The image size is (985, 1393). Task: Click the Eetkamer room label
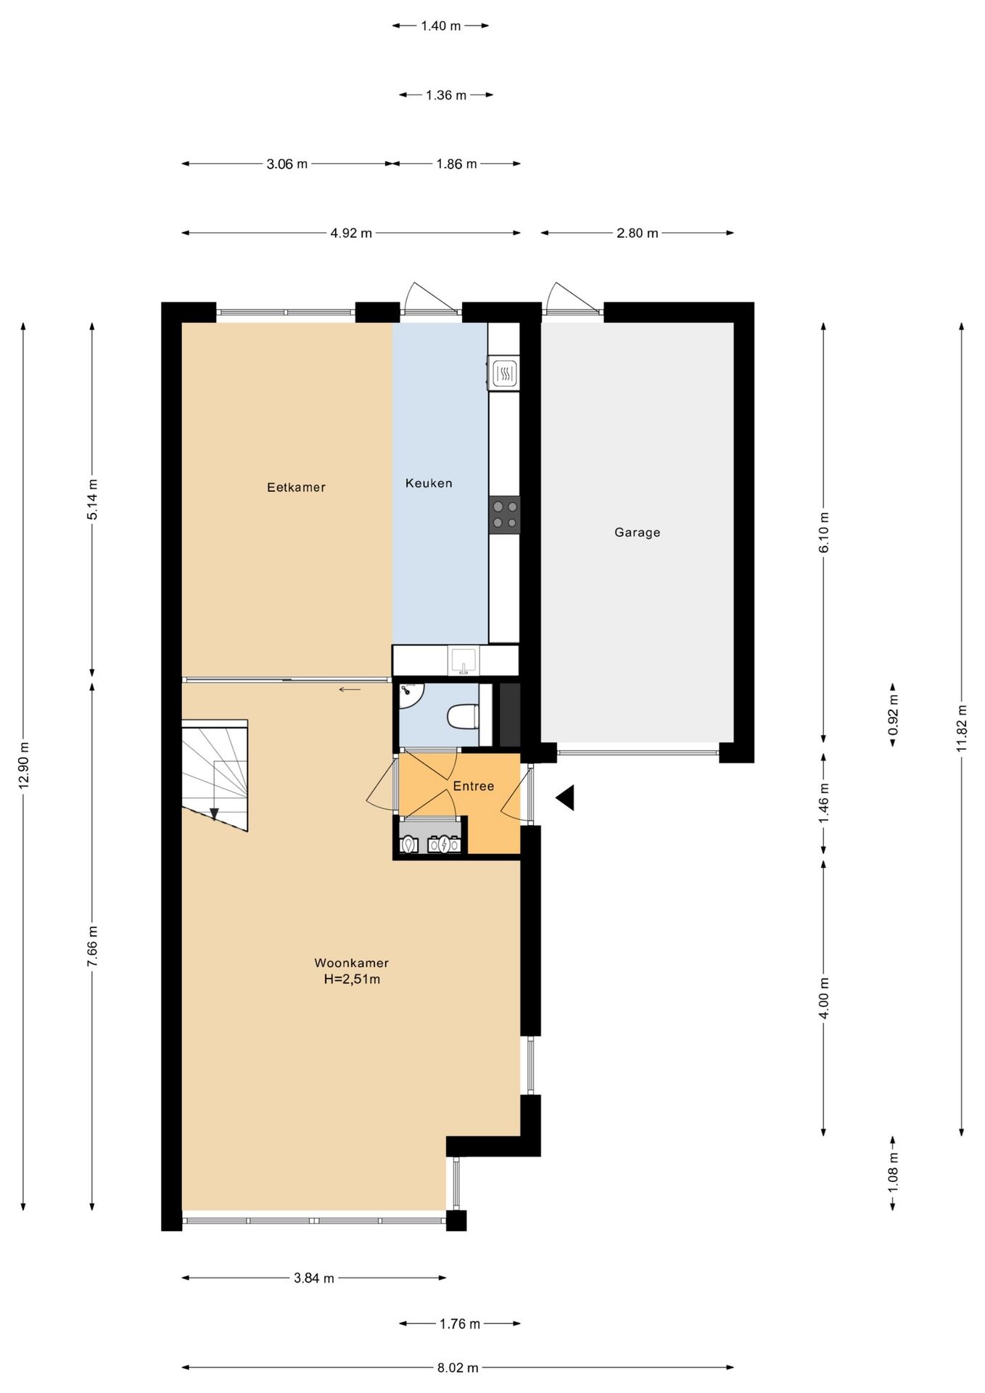tap(296, 488)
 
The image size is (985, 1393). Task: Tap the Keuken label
tap(429, 483)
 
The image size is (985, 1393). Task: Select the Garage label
tap(638, 533)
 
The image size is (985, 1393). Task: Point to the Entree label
tap(474, 786)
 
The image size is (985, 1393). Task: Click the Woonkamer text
tap(352, 963)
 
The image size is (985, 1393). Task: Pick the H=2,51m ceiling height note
tap(352, 979)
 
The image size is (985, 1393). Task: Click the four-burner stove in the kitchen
tap(505, 514)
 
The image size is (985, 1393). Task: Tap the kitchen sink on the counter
tap(463, 661)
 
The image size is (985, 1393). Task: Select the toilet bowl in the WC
tap(462, 717)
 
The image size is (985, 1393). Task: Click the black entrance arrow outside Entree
tap(566, 797)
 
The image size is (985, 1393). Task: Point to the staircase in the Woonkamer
tap(215, 775)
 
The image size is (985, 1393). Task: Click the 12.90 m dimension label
tap(24, 766)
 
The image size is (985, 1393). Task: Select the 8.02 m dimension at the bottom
tap(458, 1368)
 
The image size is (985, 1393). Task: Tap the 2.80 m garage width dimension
tap(638, 233)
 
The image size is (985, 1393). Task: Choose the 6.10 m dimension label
tap(824, 533)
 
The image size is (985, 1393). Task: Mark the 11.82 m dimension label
tap(963, 728)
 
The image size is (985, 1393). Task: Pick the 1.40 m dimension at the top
tap(441, 26)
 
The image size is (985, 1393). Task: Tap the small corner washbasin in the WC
tap(410, 694)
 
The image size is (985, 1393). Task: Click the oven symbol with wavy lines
tap(504, 374)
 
